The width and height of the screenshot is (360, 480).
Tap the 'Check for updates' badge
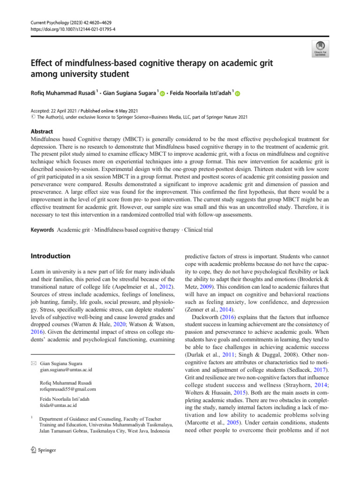tap(320, 48)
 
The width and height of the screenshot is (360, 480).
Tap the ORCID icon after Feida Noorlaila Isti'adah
tap(238, 95)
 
